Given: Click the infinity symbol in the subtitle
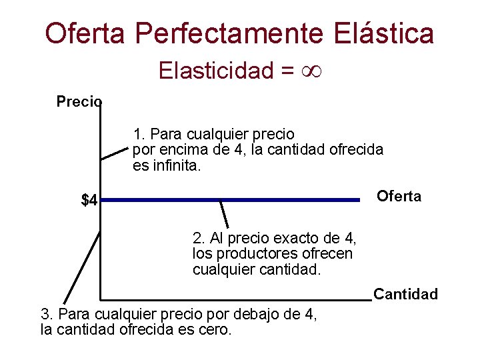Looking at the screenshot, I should tap(311, 70).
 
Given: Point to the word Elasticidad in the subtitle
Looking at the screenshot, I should tap(215, 71).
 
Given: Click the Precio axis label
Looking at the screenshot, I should tap(79, 102).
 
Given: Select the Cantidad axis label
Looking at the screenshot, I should tap(405, 294).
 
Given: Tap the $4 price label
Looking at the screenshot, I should tap(89, 200).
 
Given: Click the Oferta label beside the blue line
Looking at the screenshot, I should tap(399, 197).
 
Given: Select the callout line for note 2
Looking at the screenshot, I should tap(224, 213).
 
